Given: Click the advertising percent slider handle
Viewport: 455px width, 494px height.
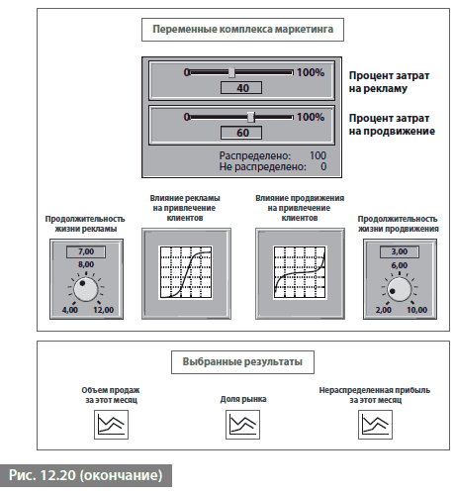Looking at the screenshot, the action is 231,72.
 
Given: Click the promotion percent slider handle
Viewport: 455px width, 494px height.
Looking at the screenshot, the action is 251,117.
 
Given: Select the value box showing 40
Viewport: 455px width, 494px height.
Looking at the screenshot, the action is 241,88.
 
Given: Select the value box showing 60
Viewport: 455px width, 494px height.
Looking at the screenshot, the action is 241,133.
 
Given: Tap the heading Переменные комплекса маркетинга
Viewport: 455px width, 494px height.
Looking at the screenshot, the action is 243,30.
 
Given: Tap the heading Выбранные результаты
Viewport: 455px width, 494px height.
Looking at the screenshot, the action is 242,361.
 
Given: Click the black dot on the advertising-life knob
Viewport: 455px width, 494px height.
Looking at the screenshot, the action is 82,283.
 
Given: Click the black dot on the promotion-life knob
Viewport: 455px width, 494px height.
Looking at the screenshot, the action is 393,291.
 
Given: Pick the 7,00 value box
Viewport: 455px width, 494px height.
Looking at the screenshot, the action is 86,251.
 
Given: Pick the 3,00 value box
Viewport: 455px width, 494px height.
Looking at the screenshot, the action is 400,251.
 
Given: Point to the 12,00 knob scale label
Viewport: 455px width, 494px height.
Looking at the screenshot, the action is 103,310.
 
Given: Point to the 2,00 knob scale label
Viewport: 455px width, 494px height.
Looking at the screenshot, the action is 383,310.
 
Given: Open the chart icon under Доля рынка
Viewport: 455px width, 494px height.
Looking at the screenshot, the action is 242,425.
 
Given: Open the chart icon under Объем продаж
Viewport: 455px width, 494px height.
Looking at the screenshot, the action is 111,425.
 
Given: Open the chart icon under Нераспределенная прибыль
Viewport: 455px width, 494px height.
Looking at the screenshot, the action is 375,425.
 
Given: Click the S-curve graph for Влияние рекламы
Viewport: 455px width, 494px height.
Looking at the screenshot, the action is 186,272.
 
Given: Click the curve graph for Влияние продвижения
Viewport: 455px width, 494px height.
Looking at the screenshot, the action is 300,272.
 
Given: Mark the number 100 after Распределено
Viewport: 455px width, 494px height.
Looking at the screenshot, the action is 318,155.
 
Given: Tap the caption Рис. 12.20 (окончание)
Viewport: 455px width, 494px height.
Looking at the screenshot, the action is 85,475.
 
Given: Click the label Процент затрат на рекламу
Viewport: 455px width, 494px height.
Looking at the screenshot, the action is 389,82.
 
